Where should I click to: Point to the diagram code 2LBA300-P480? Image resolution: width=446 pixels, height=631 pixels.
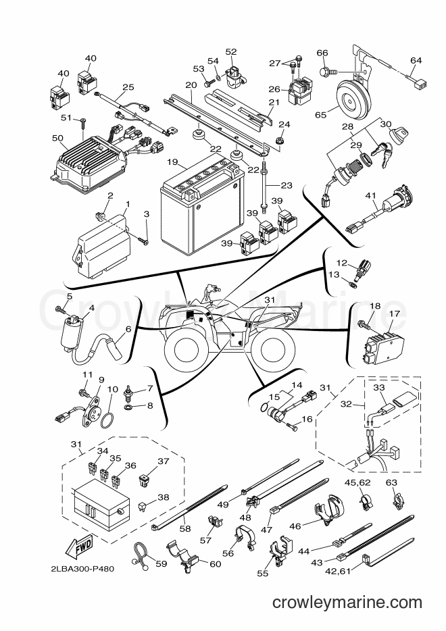click(x=82, y=569)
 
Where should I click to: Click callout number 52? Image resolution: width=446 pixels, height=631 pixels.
click(x=231, y=51)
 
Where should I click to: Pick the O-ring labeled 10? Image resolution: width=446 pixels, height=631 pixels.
click(x=107, y=422)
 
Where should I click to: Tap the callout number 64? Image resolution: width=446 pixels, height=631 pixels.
click(x=416, y=60)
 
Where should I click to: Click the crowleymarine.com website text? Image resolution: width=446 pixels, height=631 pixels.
click(x=347, y=603)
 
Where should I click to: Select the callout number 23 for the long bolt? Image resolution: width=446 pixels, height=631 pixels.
click(x=287, y=186)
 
